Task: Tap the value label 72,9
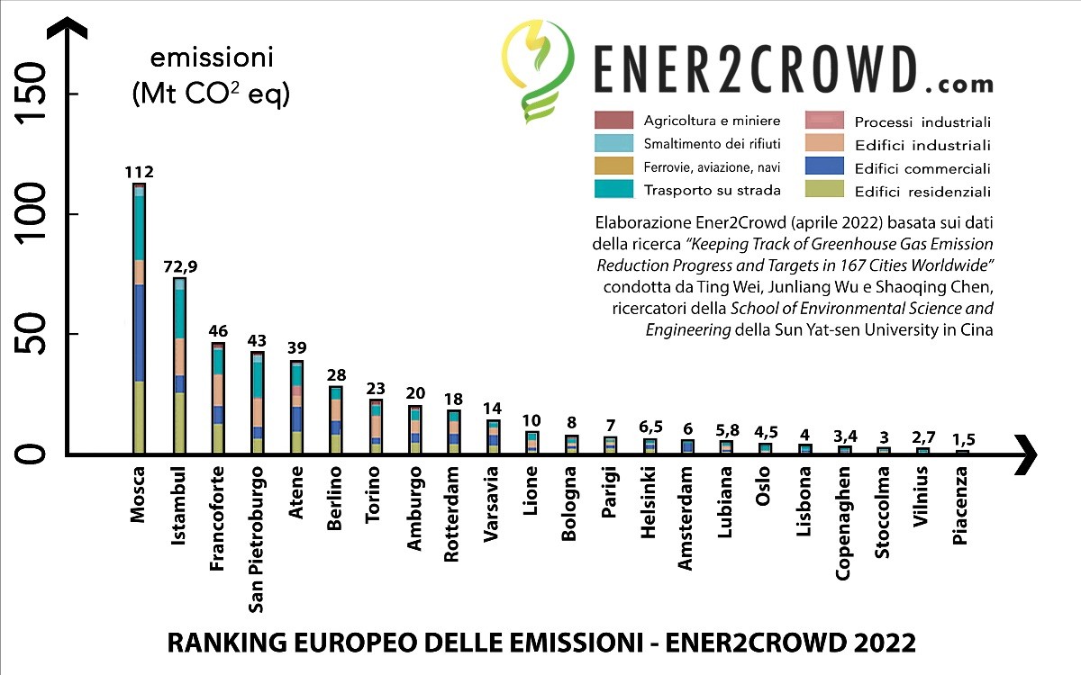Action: click(x=180, y=266)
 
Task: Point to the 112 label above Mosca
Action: click(x=140, y=172)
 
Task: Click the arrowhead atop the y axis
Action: click(x=70, y=31)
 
